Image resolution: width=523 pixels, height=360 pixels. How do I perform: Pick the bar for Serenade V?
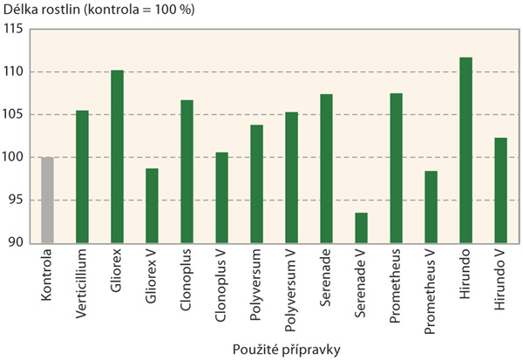(x=361, y=228)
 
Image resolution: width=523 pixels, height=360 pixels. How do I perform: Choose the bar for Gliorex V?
(x=152, y=206)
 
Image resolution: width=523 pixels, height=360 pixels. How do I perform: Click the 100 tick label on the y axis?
(x=12, y=158)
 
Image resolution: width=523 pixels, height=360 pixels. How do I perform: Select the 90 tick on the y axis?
(x=15, y=243)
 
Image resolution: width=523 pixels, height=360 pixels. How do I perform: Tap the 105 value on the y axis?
(x=12, y=115)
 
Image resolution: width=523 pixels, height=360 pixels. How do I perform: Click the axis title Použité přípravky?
(x=274, y=349)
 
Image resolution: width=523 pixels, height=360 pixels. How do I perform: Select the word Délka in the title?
(x=18, y=9)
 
